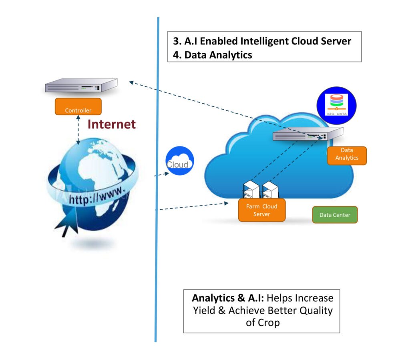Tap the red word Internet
[x=111, y=124]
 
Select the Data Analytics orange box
[x=347, y=155]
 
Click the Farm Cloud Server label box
[x=261, y=210]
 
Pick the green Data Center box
[x=335, y=215]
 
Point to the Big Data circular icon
[x=336, y=105]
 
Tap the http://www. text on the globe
[x=98, y=195]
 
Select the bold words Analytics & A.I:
[x=227, y=298]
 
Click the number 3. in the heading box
[x=177, y=41]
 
